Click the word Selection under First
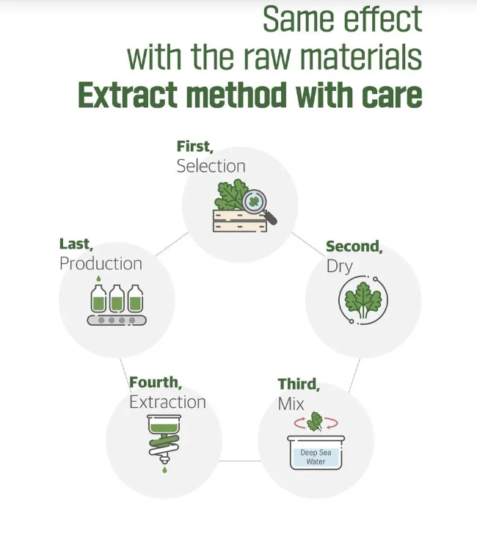click(211, 167)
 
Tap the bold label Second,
click(354, 246)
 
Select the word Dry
click(340, 266)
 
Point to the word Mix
click(291, 404)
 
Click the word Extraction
click(167, 402)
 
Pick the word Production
click(101, 264)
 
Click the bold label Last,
click(76, 244)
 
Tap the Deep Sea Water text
click(316, 457)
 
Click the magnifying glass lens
click(254, 201)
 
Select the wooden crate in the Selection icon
click(240, 221)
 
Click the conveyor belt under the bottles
click(117, 320)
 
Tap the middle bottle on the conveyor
click(117, 299)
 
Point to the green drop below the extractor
click(164, 470)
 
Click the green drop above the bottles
click(98, 279)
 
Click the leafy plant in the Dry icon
click(363, 300)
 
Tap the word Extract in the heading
click(128, 95)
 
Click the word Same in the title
click(298, 19)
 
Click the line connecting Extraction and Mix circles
click(240, 461)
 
